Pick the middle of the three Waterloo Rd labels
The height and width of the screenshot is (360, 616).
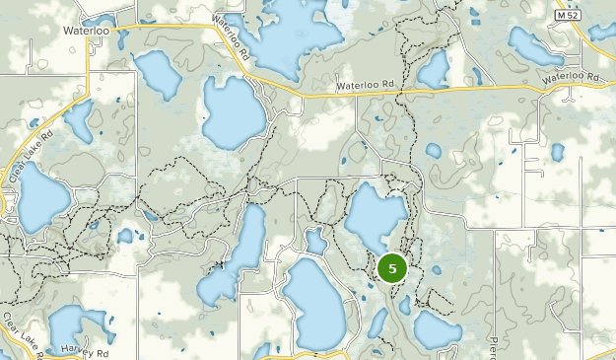366,87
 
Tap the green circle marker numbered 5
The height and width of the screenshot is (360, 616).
392,268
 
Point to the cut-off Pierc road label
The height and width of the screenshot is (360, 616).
494,348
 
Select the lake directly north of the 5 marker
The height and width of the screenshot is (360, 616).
376,217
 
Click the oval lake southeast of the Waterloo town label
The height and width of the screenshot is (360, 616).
156,74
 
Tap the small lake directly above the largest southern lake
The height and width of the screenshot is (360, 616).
315,240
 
